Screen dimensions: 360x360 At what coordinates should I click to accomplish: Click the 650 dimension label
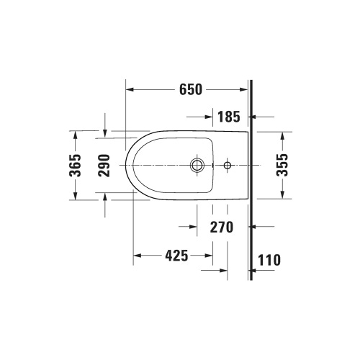pos(189,90)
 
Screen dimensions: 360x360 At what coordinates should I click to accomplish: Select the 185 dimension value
pos(228,115)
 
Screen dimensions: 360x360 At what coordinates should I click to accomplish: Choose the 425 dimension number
pos(174,256)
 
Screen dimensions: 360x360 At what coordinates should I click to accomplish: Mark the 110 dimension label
pos(268,258)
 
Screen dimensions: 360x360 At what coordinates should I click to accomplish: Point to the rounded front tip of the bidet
pos(126,166)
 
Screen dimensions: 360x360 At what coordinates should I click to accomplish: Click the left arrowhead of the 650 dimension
pos(130,90)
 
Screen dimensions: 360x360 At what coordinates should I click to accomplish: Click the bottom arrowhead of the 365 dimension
pos(75,198)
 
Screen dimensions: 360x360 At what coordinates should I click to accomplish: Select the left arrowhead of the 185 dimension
pos(211,115)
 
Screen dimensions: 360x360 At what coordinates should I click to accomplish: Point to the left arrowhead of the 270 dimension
pos(193,228)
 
